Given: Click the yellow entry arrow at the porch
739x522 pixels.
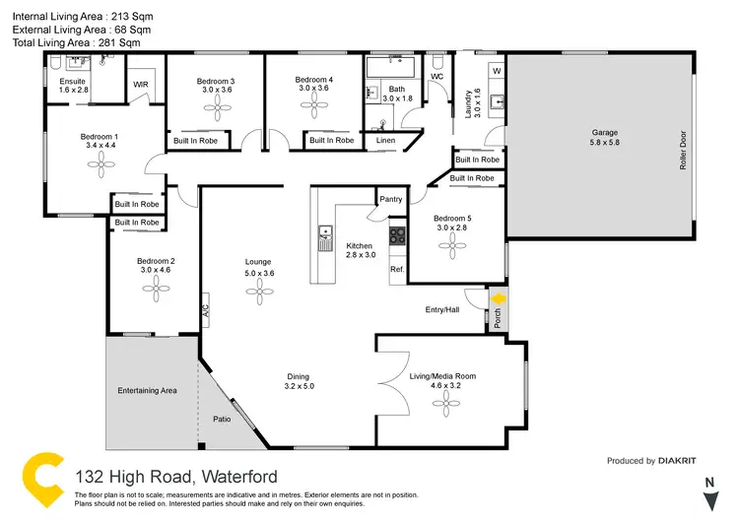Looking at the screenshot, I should [x=499, y=298].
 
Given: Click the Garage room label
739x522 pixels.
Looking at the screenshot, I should [x=605, y=132].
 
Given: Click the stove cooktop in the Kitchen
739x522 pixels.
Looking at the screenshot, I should [x=397, y=236].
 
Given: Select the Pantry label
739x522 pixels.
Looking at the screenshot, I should [x=391, y=199].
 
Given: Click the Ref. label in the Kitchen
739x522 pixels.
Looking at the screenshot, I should [x=397, y=269].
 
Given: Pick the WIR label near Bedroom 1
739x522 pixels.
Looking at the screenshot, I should [x=141, y=86].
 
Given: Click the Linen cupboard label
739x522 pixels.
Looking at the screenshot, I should [x=385, y=141].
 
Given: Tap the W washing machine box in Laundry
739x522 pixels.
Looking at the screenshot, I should [x=497, y=72].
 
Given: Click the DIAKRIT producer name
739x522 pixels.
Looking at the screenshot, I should [x=684, y=461].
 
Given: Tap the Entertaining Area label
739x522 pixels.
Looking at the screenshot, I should [x=147, y=391].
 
